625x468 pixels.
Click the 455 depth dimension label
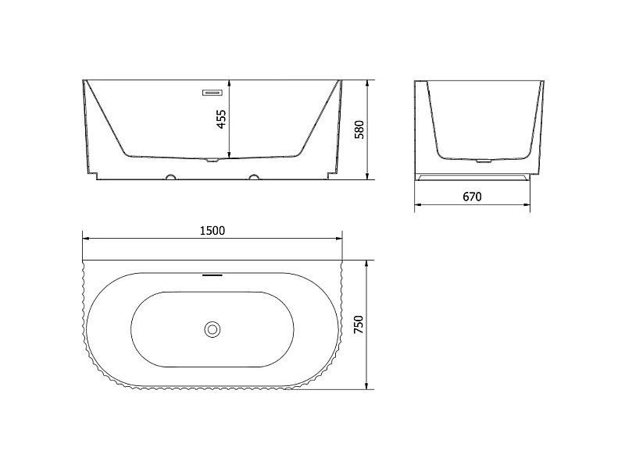pos(221,119)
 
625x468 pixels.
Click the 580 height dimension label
pos(359,129)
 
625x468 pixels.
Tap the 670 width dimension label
pos(472,197)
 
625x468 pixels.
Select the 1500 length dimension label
pos(212,231)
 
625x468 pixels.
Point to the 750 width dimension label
pos(359,324)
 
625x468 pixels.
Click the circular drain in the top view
pos(212,329)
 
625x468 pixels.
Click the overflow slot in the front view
pos(212,93)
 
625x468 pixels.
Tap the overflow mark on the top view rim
pos(212,275)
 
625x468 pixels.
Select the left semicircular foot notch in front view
pos(171,177)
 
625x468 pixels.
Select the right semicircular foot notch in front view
pos(254,177)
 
